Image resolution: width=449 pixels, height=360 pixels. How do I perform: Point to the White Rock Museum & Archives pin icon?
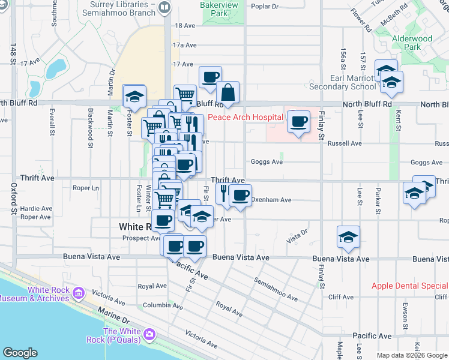pos(78,293)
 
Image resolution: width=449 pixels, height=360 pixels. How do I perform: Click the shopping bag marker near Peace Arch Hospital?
pos(228,93)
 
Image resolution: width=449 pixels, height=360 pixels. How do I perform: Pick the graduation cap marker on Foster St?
pos(134,96)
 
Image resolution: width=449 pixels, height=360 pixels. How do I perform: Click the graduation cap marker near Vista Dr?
pos(348,237)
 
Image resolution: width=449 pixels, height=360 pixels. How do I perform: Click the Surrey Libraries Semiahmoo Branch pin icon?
pos(165,8)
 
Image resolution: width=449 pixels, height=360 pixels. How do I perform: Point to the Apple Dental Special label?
pos(409,286)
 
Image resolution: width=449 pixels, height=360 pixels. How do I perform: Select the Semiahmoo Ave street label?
pos(276,289)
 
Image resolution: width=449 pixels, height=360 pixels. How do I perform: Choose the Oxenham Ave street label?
pos(271,200)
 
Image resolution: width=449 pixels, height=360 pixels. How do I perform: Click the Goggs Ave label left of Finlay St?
pos(267,162)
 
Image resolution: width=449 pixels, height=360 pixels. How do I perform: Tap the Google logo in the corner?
pos(20,353)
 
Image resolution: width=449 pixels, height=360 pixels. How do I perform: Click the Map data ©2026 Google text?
pos(411,355)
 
